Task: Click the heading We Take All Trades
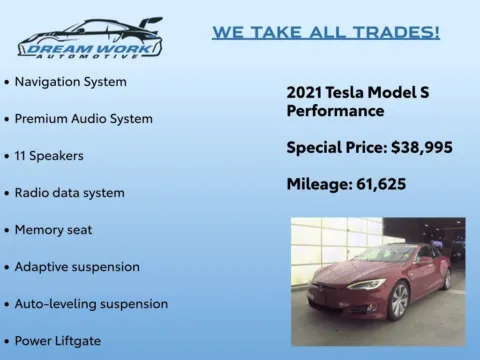pos(325,32)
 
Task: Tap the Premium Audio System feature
pos(83,118)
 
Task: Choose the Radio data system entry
pos(69,192)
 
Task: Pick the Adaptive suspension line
pos(77,266)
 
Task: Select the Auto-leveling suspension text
pos(91,303)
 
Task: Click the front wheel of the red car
pos(398,300)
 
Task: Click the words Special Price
pos(333,147)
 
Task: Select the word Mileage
pos(316,184)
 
